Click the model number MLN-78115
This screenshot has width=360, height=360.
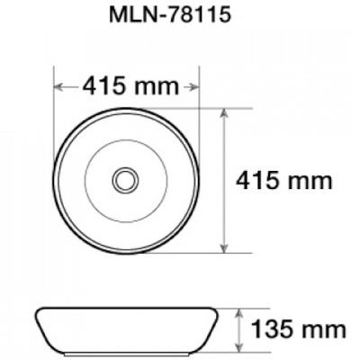(x=170, y=14)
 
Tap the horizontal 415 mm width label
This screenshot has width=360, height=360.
(x=130, y=86)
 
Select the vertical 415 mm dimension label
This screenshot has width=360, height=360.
(x=284, y=181)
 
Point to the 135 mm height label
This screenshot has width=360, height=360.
(x=299, y=330)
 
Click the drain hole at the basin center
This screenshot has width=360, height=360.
(x=126, y=180)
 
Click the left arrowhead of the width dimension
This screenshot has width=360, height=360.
(x=58, y=87)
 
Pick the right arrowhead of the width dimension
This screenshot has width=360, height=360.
(x=194, y=87)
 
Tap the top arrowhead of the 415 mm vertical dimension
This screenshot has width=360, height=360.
(x=224, y=113)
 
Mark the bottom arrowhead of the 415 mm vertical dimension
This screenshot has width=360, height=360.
(x=224, y=247)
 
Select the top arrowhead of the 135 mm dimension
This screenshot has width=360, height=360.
(x=238, y=313)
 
